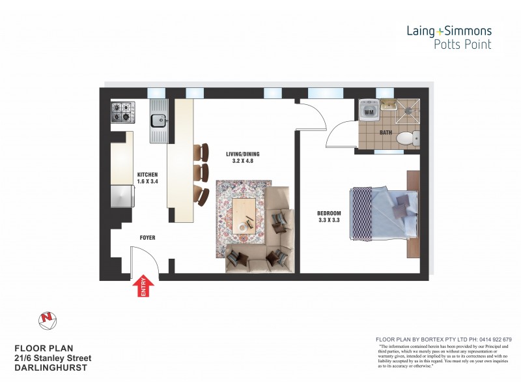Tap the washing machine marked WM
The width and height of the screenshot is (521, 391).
pyautogui.click(x=369, y=112)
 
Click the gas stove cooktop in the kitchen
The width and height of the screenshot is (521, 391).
pyautogui.click(x=121, y=112)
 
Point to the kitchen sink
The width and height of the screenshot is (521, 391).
pyautogui.click(x=158, y=120)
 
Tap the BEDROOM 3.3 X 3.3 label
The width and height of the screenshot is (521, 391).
pyautogui.click(x=329, y=216)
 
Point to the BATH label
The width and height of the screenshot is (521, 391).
pyautogui.click(x=386, y=133)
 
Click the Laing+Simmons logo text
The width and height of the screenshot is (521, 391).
pyautogui.click(x=449, y=31)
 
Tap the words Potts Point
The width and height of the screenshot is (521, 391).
pyautogui.click(x=462, y=44)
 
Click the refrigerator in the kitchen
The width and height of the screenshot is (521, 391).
pyautogui.click(x=121, y=196)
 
